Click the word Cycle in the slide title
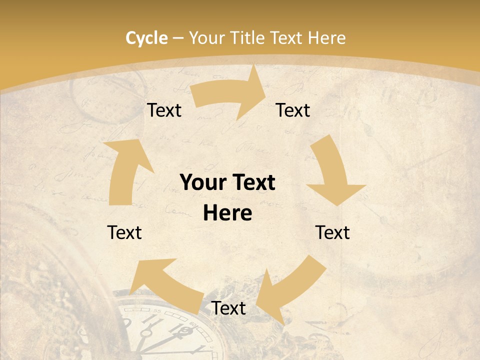[146, 38]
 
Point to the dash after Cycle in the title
[178, 38]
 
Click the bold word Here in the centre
[227, 213]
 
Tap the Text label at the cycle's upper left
[164, 110]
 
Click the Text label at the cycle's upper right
[293, 110]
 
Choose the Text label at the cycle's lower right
[332, 232]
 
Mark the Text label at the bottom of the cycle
[228, 308]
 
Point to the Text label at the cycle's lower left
[124, 232]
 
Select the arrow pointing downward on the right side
[332, 175]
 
